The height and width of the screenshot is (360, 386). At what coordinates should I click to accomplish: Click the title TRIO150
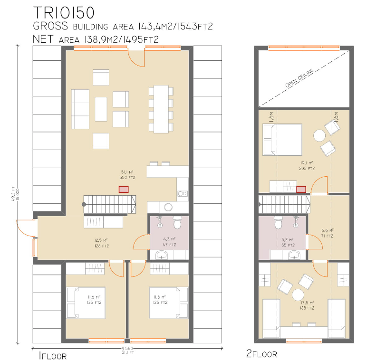coord(66,12)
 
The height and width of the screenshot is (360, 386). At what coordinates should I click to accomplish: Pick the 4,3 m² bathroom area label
coord(169,242)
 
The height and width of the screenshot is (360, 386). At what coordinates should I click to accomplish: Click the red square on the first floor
coord(124,189)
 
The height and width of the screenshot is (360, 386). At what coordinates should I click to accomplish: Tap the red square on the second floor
coord(301,189)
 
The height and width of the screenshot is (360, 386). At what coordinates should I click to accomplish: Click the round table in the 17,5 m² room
coord(298,294)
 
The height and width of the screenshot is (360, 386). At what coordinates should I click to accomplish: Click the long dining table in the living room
coord(161,109)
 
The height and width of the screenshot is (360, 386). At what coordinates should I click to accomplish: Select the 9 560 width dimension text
coord(127,347)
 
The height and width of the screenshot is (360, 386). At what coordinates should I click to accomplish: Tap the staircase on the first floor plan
coord(109,203)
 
